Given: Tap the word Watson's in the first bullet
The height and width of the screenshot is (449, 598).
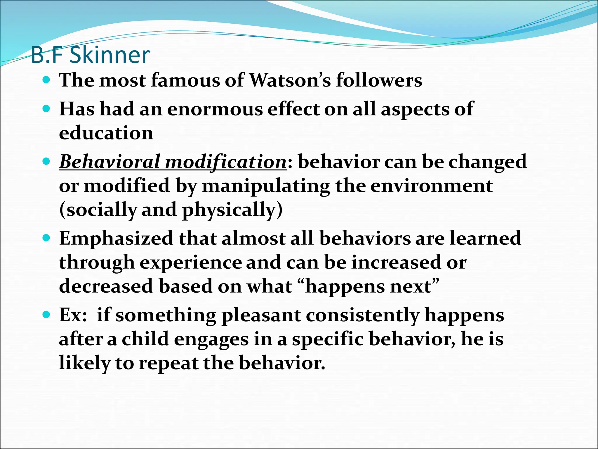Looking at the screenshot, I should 290,80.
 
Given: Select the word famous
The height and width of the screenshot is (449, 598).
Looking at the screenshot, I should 185,80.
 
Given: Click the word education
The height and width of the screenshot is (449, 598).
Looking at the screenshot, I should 106,133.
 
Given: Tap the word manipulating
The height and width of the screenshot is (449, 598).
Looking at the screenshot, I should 266,186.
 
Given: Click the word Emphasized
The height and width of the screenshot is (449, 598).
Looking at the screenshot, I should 116,238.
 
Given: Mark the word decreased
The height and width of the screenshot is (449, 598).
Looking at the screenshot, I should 106,286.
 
